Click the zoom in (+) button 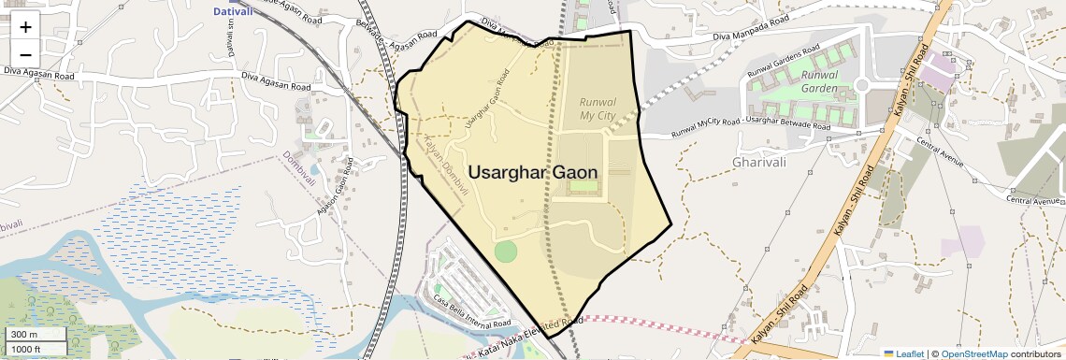tap(25, 27)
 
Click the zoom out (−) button tap(25, 52)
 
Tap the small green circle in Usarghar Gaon tap(505, 251)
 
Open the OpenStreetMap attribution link tap(973, 353)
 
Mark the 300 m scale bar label tap(24, 335)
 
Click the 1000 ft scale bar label tap(26, 349)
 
